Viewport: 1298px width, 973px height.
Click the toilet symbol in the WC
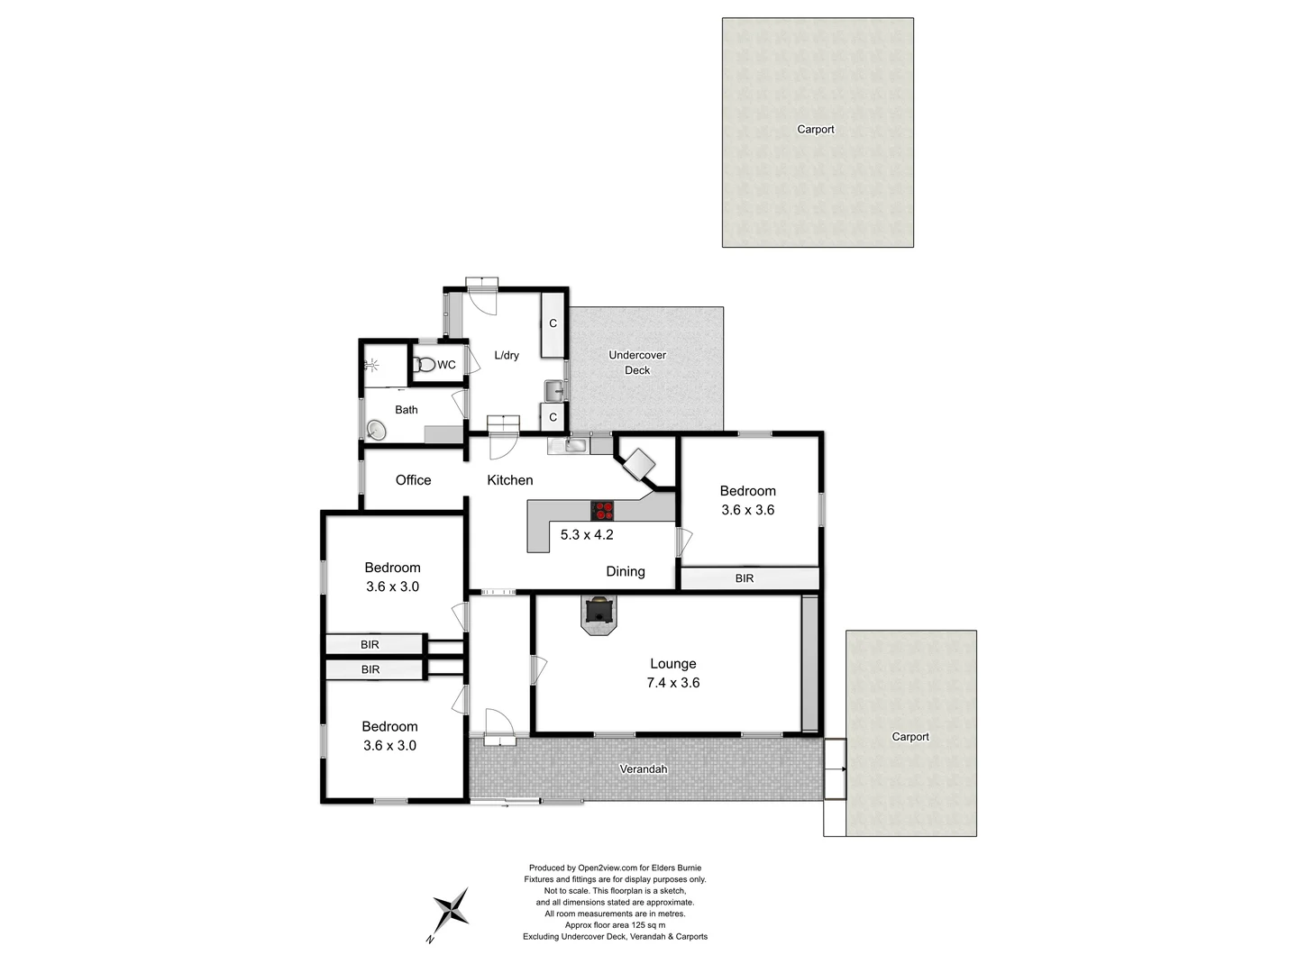click(425, 365)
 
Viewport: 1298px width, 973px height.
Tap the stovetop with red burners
click(603, 511)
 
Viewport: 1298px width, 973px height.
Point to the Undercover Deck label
click(637, 362)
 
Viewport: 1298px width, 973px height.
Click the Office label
click(413, 480)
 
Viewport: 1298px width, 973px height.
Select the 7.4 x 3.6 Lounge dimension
click(672, 683)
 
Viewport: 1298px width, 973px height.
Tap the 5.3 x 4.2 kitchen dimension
click(587, 534)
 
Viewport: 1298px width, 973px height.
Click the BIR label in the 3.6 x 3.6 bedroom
click(745, 578)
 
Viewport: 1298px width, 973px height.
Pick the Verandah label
click(644, 769)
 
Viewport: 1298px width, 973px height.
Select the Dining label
click(625, 571)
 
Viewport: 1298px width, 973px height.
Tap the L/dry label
click(507, 355)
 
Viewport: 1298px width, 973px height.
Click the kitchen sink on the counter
click(575, 444)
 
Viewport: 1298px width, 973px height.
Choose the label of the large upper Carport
click(816, 130)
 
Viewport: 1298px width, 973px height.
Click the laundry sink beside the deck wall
click(554, 391)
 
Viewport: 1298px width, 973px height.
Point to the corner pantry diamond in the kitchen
click(640, 464)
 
